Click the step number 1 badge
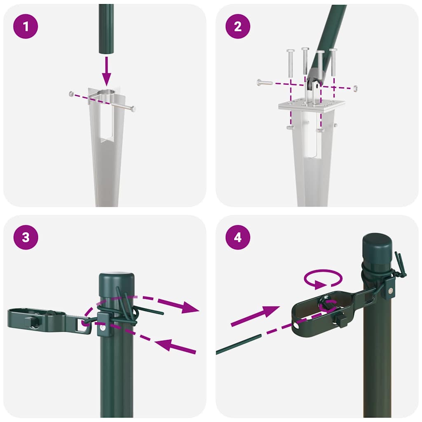pyautogui.click(x=26, y=27)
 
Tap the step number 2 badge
pyautogui.click(x=238, y=27)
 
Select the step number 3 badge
pyautogui.click(x=26, y=238)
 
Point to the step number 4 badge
pyautogui.click(x=238, y=238)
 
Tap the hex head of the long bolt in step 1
pyautogui.click(x=132, y=109)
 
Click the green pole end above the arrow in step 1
pyautogui.click(x=106, y=29)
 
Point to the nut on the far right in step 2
pyautogui.click(x=355, y=88)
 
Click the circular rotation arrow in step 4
pyautogui.click(x=323, y=279)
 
